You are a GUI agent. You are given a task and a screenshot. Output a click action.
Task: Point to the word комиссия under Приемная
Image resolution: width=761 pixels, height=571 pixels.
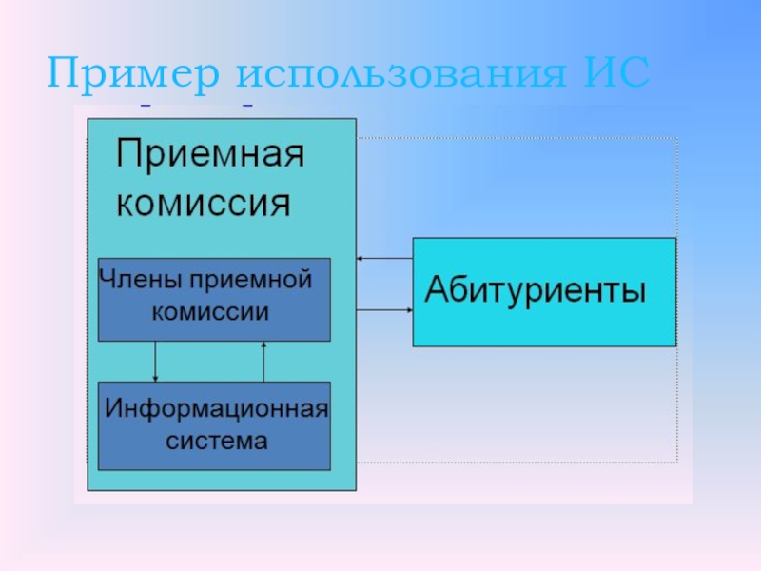tap(203, 203)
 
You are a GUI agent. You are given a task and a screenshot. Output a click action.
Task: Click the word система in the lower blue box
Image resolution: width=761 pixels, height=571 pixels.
tap(216, 441)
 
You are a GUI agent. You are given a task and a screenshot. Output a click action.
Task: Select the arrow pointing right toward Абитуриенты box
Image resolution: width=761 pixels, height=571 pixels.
tap(384, 309)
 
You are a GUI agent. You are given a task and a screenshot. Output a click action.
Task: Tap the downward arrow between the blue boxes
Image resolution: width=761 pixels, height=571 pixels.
tap(155, 361)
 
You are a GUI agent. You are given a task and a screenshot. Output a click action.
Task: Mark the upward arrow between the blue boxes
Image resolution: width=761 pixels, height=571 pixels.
tap(263, 361)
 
